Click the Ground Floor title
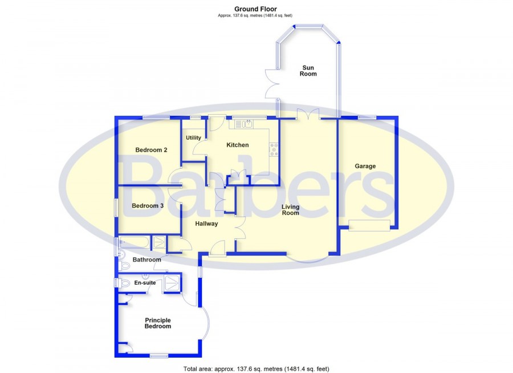coord(255,9)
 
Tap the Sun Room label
coord(308,71)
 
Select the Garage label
coord(365,166)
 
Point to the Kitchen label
coord(238,145)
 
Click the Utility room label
coord(193,137)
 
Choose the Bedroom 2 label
coord(151,150)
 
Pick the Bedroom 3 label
coord(148,206)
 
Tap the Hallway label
coord(206,224)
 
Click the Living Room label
coord(291,210)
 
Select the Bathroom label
coord(146,260)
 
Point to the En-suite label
coord(145,283)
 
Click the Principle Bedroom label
coord(158,323)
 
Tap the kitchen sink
coord(242,124)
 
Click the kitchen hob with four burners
coord(274,149)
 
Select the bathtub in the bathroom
coord(134,242)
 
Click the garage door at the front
coord(369,226)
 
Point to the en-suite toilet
coord(123,282)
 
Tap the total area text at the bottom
coord(256,369)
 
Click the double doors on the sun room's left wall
coord(271,83)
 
